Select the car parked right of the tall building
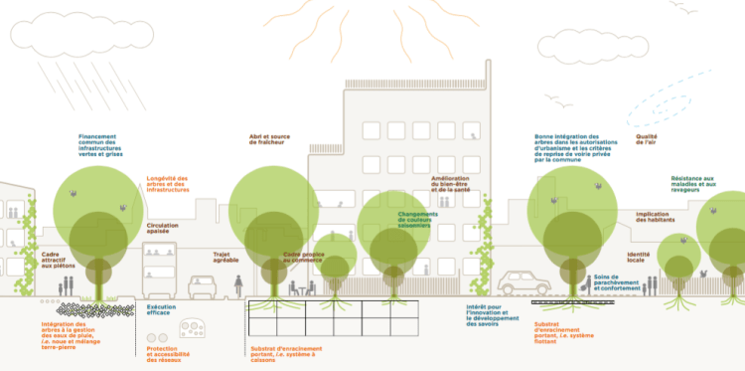(523, 283)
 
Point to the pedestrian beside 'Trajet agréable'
(239, 286)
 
